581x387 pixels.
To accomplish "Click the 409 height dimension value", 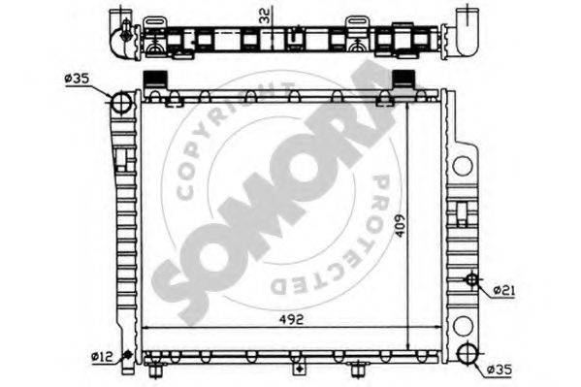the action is [x=400, y=225].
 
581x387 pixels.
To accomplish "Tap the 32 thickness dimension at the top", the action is [x=266, y=16].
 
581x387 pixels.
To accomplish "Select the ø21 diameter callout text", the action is [x=504, y=291].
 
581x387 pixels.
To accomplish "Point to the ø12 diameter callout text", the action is [x=102, y=356].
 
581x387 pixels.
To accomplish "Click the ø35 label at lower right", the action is [x=500, y=370].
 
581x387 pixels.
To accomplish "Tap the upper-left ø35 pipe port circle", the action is [x=121, y=102].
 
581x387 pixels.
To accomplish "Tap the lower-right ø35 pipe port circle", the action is [x=468, y=354].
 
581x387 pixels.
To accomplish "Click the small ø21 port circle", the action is [x=471, y=279].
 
